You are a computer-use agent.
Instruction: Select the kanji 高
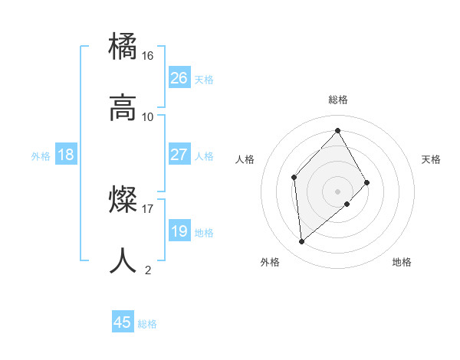pyautogui.click(x=124, y=108)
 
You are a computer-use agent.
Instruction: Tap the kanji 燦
pyautogui.click(x=124, y=200)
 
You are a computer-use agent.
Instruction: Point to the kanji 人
pyautogui.click(x=124, y=260)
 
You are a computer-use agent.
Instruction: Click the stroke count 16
pyautogui.click(x=148, y=56)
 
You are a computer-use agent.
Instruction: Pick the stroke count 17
pyautogui.click(x=148, y=208)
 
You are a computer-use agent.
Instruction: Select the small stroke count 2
pyautogui.click(x=148, y=270)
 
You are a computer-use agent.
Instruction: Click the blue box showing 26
pyautogui.click(x=179, y=78)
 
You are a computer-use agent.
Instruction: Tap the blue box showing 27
pyautogui.click(x=179, y=155)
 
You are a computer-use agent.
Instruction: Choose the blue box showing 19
pyautogui.click(x=179, y=231)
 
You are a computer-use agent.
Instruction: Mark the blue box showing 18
pyautogui.click(x=66, y=155)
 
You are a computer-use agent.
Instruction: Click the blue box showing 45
pyautogui.click(x=123, y=322)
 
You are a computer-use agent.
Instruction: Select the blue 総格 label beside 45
pyautogui.click(x=147, y=324)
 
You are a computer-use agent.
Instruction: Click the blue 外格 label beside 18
pyautogui.click(x=41, y=156)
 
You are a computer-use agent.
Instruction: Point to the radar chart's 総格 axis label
pyautogui.click(x=338, y=100)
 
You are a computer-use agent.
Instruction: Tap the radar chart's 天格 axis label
pyautogui.click(x=432, y=159)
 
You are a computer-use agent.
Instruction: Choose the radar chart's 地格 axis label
pyautogui.click(x=402, y=262)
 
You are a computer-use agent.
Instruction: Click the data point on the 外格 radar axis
pyautogui.click(x=302, y=242)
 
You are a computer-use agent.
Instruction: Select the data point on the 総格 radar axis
pyautogui.click(x=337, y=131)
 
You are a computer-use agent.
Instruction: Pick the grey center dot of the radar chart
pyautogui.click(x=337, y=191)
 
